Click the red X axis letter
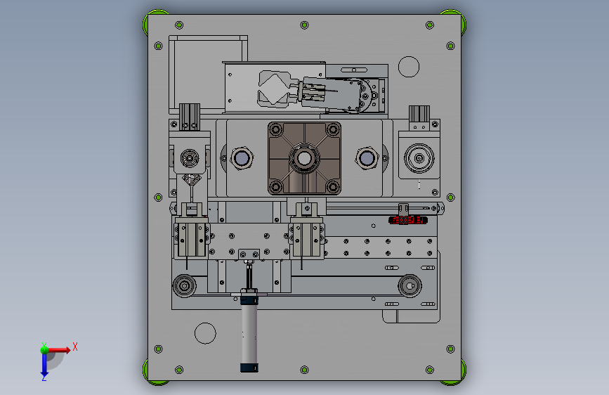(x=75, y=347)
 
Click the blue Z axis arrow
(x=44, y=364)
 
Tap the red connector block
(x=408, y=220)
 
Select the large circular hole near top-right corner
(x=409, y=67)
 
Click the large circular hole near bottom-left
(x=205, y=333)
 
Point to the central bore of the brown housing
(x=304, y=158)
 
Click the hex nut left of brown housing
(x=242, y=158)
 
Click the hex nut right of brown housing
(x=367, y=158)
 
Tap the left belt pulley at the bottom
(x=185, y=286)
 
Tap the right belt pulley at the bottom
(x=410, y=286)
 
